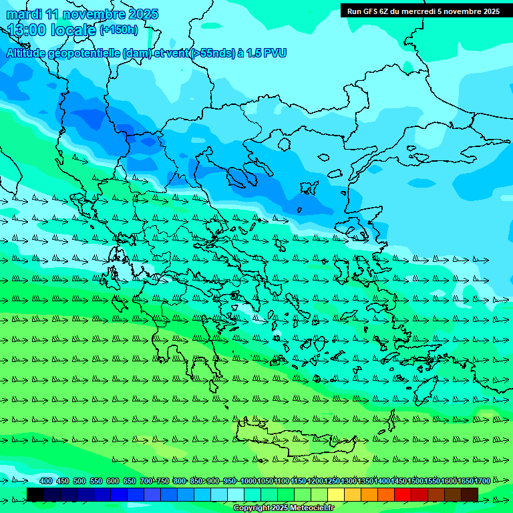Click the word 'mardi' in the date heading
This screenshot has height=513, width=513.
pos(24,14)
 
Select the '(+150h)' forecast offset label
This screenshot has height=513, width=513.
pos(120,30)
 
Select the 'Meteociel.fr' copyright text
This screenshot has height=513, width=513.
pos(306,508)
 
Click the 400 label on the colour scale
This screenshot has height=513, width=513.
pos(46,481)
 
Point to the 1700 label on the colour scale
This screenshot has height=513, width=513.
pos(482,481)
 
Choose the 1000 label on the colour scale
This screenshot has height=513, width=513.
pos(248,481)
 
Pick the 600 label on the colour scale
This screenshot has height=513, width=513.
pos(113,481)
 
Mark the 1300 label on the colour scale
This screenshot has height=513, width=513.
pos(349,481)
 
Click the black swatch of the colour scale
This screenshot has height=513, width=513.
pos(35,494)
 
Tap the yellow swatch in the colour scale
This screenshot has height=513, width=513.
pos(336,494)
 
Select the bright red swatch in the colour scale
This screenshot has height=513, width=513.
pos(403,494)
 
